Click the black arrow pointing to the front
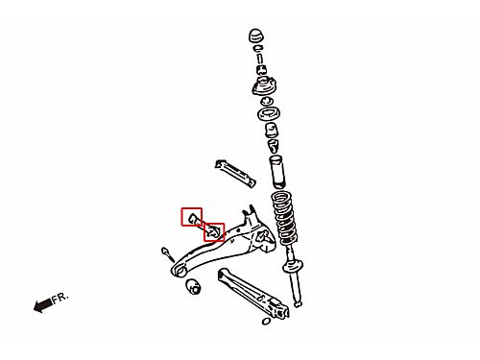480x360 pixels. tap(43, 305)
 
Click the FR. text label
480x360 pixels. tap(60, 298)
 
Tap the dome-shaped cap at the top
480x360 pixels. tap(256, 36)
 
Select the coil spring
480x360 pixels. tap(284, 217)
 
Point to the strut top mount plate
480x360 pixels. tap(264, 86)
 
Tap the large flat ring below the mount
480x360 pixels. tap(269, 113)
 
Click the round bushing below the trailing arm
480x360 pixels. tap(193, 286)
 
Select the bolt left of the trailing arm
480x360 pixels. tap(167, 254)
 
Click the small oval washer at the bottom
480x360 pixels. tap(266, 321)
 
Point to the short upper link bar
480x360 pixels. tap(235, 174)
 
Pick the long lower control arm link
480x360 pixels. tap(253, 294)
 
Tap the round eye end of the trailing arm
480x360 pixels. tap(180, 271)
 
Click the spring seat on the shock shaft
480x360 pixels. tap(293, 267)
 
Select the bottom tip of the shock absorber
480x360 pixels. tap(298, 303)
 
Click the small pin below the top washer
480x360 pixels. tap(260, 59)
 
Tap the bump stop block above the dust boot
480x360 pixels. tap(272, 130)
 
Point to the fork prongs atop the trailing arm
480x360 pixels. tap(250, 212)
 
